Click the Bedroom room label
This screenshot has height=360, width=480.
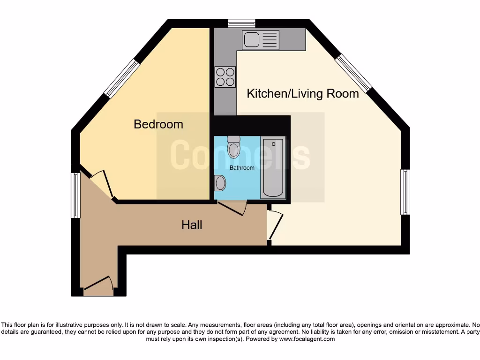point(158,124)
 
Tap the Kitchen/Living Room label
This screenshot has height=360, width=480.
point(303,93)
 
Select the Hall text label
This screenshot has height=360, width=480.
point(192,225)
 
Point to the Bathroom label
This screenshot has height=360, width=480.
point(242,168)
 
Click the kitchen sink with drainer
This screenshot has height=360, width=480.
point(261,40)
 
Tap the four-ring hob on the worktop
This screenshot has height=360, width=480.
point(225,77)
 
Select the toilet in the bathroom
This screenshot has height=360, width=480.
point(233,147)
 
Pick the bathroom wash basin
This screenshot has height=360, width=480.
point(219,183)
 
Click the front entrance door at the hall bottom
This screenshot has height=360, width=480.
point(98,284)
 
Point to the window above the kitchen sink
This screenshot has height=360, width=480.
point(241,23)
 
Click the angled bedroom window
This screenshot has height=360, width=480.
point(122,78)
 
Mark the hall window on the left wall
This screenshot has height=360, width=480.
point(75,195)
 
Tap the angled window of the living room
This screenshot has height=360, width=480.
point(354,73)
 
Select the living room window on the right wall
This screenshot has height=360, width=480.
point(405,192)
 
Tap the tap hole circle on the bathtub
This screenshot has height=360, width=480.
point(274,144)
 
